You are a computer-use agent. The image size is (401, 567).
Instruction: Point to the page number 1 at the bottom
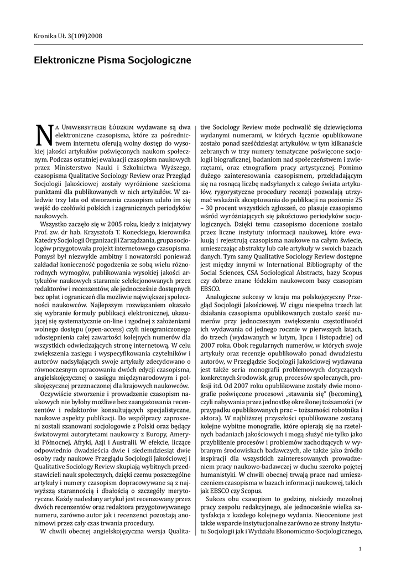(360, 549)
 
